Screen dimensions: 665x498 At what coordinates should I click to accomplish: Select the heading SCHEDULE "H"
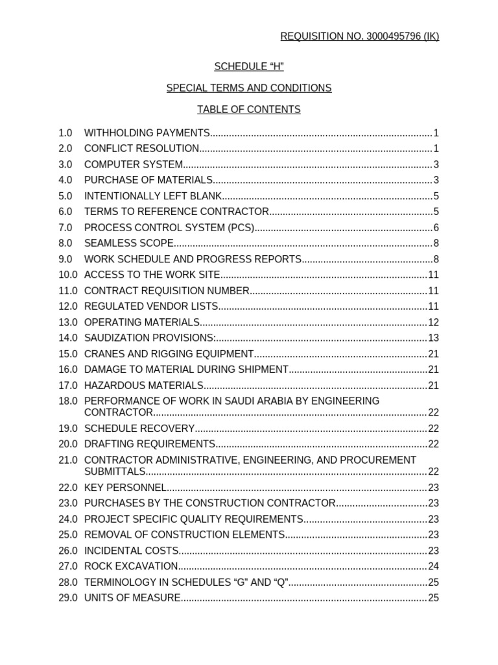click(249, 66)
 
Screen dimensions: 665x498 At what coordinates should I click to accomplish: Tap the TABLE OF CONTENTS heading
click(249, 110)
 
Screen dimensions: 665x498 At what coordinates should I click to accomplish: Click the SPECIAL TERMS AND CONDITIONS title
click(249, 88)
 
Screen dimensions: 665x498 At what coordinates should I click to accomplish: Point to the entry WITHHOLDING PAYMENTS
click(147, 133)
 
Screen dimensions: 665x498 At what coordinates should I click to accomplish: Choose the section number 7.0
click(65, 227)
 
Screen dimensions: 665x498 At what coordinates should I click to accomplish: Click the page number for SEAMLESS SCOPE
click(436, 244)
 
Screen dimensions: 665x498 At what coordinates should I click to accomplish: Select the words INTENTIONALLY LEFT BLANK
click(153, 196)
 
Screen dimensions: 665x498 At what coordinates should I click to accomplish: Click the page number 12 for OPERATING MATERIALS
click(433, 322)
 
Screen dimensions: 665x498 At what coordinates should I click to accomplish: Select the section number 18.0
click(67, 401)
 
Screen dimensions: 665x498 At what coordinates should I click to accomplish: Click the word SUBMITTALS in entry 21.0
click(115, 471)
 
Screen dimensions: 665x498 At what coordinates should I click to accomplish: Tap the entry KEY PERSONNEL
click(125, 488)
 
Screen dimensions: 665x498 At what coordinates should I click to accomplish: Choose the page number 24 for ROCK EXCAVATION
click(433, 566)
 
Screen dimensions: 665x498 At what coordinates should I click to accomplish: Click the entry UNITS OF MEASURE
click(132, 598)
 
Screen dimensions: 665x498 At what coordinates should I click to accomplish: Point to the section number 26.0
click(67, 551)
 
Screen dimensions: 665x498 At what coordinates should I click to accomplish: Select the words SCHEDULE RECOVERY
click(139, 429)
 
